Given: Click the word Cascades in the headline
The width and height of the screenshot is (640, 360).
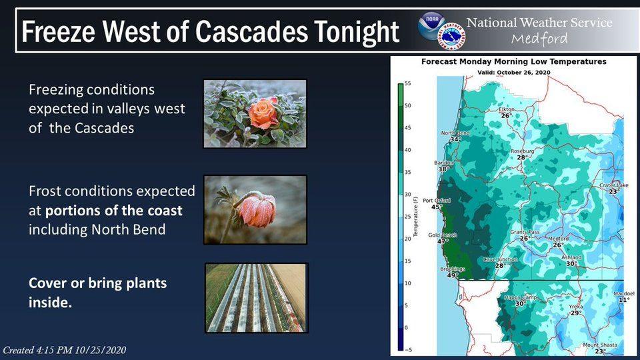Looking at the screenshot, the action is pos(251,32).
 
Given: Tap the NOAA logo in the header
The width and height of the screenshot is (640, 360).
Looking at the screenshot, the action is pos(431,26).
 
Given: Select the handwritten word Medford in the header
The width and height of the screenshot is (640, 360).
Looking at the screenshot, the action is pos(539,39).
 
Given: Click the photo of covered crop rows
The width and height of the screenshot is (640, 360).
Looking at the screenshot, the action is pos(256,297).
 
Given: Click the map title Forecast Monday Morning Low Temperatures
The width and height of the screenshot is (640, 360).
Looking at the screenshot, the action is pos(513,61).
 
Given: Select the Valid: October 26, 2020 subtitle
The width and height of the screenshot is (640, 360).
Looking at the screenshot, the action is pos(513,73).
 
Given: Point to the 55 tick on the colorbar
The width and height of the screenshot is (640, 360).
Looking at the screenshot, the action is pos(408,83).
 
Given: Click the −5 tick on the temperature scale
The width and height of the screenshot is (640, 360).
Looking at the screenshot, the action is pos(407,350).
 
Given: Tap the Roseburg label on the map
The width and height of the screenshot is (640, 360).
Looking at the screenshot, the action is pos(522,151).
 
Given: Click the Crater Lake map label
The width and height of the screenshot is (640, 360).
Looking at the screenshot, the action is pos(614,185).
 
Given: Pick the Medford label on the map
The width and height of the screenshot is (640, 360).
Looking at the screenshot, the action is pos(558,239).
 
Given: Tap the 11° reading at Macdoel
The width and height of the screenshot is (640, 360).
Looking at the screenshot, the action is pos(624,300).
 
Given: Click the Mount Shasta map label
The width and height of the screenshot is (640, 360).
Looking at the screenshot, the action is pos(600,345).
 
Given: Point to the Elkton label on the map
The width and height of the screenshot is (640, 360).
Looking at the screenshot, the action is pos(507,109).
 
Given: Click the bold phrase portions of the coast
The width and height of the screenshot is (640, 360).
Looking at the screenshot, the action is pos(113,211).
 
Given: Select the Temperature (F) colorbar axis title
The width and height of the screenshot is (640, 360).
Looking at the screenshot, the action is pos(415,215).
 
